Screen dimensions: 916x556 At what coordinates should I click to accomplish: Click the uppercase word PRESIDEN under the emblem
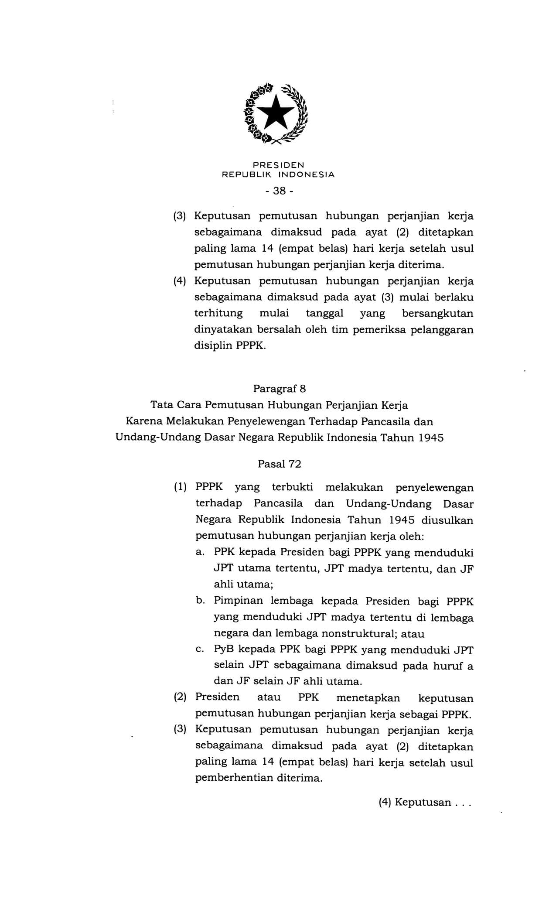[278, 165]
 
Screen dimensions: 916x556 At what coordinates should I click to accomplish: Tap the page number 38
[279, 191]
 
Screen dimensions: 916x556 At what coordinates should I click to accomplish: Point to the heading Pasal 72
[279, 464]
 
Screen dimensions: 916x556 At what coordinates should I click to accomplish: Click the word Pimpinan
[238, 601]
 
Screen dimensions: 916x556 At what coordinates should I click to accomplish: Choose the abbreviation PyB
[224, 649]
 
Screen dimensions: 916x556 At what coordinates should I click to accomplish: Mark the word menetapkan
[368, 698]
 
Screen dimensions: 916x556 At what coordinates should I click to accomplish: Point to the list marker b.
[201, 601]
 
